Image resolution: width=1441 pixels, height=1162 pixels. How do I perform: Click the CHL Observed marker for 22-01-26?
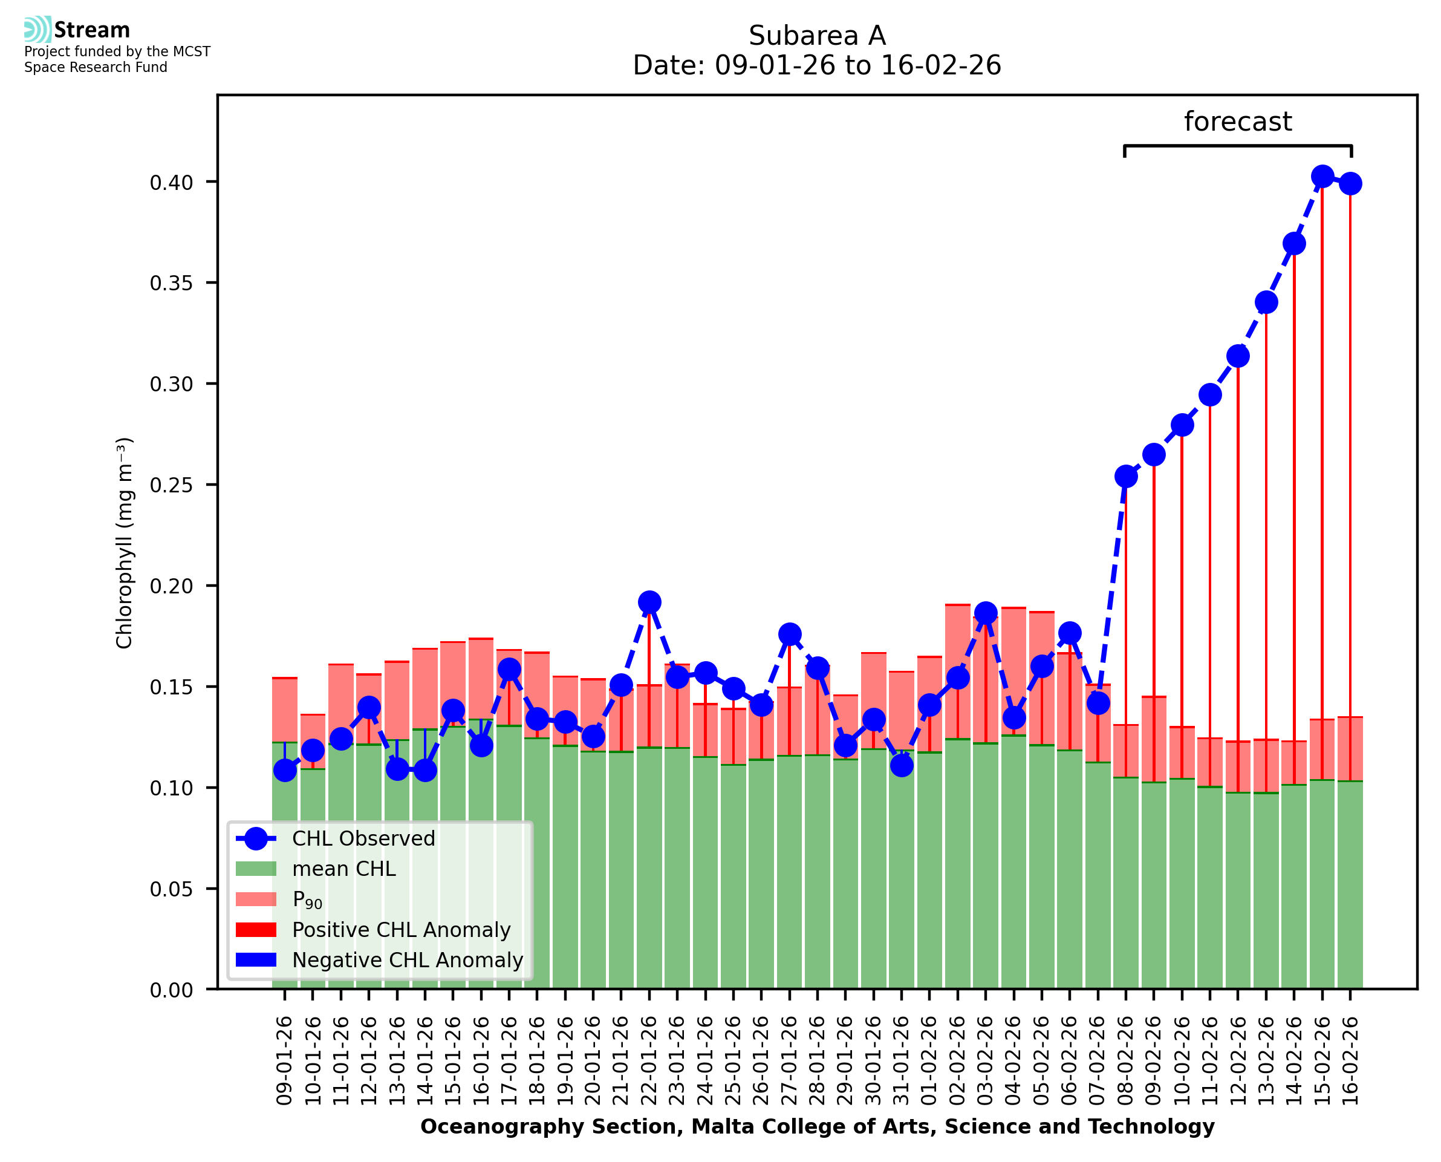pos(649,602)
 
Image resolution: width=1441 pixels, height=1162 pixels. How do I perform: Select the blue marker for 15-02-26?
pos(1322,177)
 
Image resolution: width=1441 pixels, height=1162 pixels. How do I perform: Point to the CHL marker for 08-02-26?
pos(1126,477)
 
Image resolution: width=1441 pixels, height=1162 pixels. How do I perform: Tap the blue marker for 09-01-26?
pos(285,771)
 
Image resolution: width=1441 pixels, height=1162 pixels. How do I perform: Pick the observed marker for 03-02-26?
pos(986,613)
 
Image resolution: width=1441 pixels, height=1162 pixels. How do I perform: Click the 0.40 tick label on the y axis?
pos(171,183)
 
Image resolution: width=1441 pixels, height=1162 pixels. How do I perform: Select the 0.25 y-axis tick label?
pos(171,485)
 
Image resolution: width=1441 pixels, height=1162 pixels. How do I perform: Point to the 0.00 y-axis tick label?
pos(171,991)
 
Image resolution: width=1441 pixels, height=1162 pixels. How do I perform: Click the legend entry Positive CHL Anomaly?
pos(401,930)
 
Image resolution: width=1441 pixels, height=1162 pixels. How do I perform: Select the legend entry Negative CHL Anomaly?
pos(407,961)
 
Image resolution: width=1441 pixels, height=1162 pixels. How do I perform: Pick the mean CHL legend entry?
pos(344,869)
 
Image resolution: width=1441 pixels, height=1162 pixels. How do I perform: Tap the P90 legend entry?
pos(307,900)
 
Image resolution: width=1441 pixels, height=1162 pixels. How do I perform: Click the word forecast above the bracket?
pos(1238,122)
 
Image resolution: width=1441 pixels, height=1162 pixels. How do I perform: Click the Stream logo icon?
pos(38,30)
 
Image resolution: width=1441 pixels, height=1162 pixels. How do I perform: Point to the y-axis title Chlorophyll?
pos(125,543)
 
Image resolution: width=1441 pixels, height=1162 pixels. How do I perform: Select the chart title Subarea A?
pos(817,36)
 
